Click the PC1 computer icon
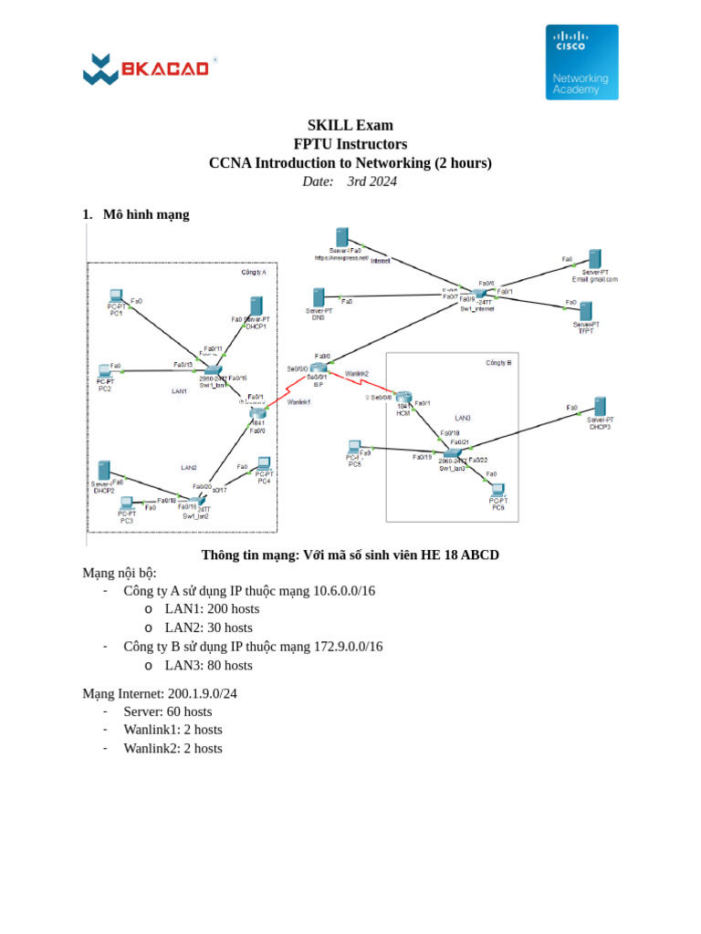(116, 296)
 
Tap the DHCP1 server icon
(256, 306)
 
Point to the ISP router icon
(317, 367)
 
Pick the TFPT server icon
(585, 311)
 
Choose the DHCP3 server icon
(600, 407)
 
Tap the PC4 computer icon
(264, 463)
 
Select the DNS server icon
(319, 297)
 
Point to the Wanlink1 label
(298, 402)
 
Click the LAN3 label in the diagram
(463, 417)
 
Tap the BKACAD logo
(149, 69)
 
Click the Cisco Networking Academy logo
(581, 62)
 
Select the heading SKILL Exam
(350, 125)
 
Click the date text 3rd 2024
(371, 182)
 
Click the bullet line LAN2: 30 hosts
(208, 628)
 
